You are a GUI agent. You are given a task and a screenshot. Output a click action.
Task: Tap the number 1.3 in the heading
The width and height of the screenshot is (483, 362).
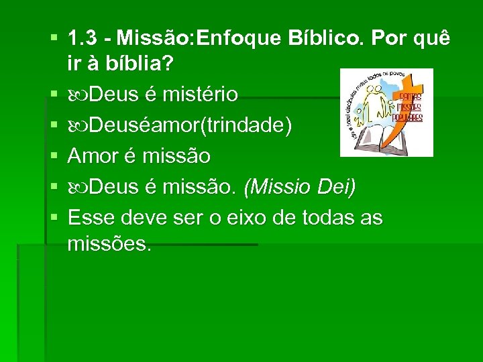(83, 40)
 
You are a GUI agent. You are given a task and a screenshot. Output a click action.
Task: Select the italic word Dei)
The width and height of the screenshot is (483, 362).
(337, 187)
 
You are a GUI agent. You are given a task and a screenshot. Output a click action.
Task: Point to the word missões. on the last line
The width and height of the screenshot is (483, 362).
(110, 243)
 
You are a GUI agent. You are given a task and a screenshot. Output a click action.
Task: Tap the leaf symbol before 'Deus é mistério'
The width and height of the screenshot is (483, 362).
(78, 95)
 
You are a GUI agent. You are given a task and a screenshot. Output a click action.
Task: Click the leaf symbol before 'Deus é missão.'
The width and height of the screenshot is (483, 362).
(78, 188)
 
